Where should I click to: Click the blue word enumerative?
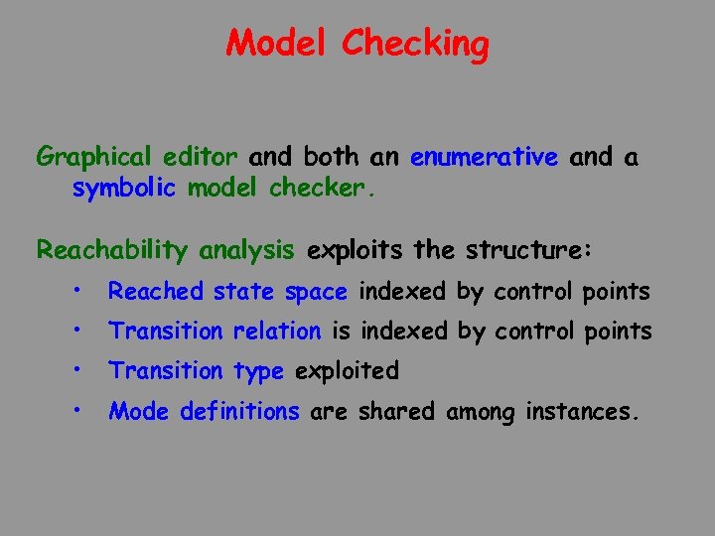[x=484, y=157]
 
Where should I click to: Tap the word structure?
[x=526, y=250]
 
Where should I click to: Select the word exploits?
[x=357, y=250]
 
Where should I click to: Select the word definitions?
[x=239, y=411]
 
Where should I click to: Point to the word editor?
[x=203, y=157]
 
